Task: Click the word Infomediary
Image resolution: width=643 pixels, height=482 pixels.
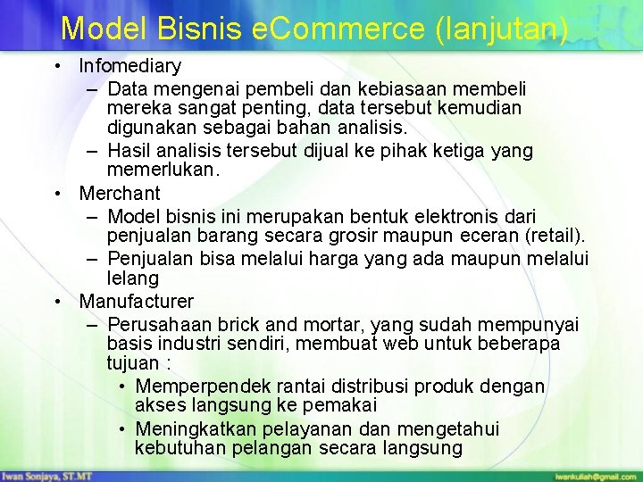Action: [x=129, y=66]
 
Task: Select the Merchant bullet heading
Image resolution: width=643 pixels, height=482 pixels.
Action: [x=120, y=194]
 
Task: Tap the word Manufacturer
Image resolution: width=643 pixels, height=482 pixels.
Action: [x=136, y=302]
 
